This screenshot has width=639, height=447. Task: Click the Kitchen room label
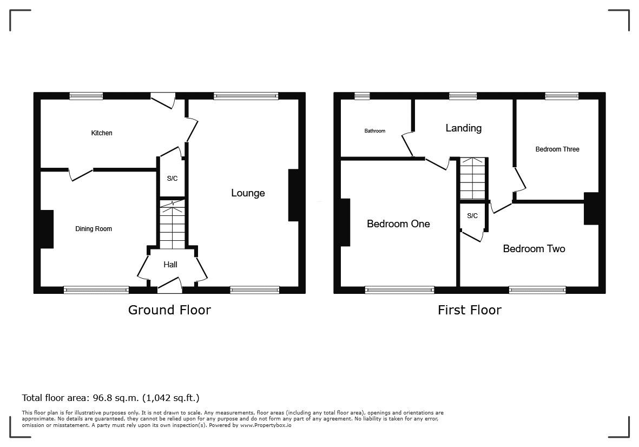tap(102, 133)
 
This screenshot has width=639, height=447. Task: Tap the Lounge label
tap(248, 193)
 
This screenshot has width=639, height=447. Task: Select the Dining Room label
tap(93, 229)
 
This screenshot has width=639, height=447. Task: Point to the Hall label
tap(170, 265)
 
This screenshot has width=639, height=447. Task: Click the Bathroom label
tap(374, 131)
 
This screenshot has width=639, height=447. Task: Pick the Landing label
tap(463, 128)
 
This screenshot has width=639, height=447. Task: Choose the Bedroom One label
tap(398, 223)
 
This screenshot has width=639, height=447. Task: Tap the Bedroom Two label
tap(534, 248)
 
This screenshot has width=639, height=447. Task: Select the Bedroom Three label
tap(557, 149)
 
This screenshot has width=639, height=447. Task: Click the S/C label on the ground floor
tap(173, 179)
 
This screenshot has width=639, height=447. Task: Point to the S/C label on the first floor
tap(472, 215)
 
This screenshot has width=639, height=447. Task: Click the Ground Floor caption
tap(169, 310)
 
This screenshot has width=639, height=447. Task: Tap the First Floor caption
tap(470, 310)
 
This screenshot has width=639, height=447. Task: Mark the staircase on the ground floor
tap(173, 223)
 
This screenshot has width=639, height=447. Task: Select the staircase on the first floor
tap(473, 179)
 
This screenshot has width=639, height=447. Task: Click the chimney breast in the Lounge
tap(293, 195)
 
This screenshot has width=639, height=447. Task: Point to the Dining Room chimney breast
tap(47, 229)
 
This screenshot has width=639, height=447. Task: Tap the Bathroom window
tap(362, 96)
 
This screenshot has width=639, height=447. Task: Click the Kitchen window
tap(86, 96)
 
